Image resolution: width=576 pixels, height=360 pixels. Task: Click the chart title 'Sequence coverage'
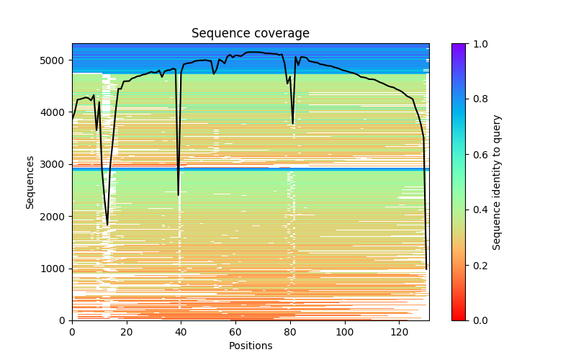click(250, 34)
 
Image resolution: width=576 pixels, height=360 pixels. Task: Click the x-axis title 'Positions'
click(250, 346)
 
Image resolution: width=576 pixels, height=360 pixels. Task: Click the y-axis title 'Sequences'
click(30, 182)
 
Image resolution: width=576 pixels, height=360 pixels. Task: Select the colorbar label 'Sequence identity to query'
click(497, 182)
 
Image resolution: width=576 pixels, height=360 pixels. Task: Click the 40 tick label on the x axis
click(181, 332)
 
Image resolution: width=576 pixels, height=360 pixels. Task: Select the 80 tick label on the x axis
click(290, 332)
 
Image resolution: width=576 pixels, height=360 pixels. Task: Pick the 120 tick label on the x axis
click(399, 332)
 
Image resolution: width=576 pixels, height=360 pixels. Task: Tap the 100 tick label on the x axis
click(344, 332)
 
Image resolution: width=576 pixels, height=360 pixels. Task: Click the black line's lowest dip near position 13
click(107, 225)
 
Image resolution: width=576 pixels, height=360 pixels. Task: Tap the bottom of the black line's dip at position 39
click(179, 195)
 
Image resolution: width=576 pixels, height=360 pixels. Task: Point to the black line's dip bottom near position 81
click(292, 123)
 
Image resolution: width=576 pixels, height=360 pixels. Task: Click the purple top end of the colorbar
click(458, 46)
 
